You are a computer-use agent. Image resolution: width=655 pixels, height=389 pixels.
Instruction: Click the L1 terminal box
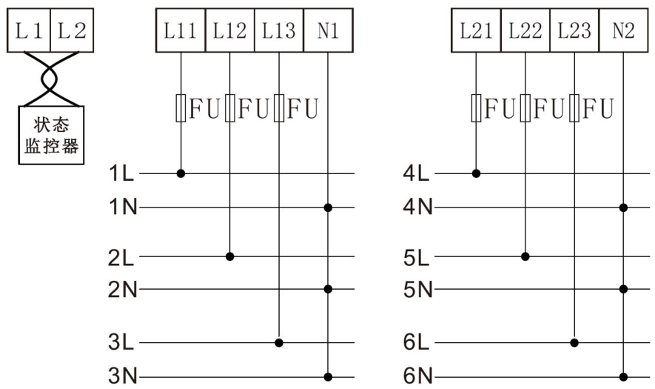pos(29,30)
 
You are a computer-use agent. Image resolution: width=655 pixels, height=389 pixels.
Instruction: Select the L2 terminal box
pos(72,30)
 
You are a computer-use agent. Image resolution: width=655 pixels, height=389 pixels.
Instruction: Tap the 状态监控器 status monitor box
pos(51,135)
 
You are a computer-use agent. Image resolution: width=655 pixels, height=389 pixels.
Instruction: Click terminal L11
pos(181,30)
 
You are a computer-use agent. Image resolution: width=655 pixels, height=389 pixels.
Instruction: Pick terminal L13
pos(278,30)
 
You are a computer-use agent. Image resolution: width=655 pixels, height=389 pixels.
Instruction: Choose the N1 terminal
pos(328,30)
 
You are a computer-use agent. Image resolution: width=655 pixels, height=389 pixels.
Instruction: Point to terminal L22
pos(525,30)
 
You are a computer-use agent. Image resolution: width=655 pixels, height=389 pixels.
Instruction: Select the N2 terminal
pos(623,30)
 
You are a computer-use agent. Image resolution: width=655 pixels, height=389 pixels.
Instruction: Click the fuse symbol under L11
pos(181,108)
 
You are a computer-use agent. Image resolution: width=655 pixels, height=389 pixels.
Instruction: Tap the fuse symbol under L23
pos(574,108)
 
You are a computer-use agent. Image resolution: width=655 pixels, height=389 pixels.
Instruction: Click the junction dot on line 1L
pos(181,173)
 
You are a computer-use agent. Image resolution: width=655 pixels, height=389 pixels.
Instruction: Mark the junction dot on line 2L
pos(229,256)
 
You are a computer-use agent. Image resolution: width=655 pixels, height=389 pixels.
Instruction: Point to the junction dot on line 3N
pos(328,377)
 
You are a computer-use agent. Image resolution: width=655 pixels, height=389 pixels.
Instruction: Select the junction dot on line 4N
pos(623,207)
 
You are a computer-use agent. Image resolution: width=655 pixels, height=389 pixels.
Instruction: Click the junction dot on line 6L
pos(574,343)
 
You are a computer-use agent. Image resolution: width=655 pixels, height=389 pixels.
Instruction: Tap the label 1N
pos(123,207)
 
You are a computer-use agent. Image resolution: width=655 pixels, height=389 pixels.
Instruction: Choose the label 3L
pos(121,342)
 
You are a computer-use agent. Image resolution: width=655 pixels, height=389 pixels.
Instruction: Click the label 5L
pos(417,258)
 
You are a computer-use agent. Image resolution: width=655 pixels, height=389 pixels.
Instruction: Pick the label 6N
pos(417,376)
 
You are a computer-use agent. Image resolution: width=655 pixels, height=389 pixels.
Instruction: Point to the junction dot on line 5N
pos(623,289)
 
